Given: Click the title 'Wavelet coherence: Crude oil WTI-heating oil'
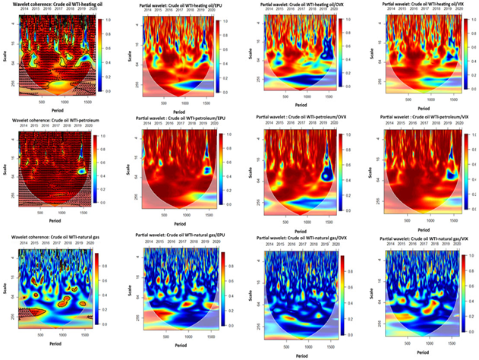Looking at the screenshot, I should point(58,5).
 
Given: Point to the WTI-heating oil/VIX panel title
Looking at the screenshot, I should point(423,5).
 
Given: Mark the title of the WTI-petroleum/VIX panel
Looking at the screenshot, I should point(423,118).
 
